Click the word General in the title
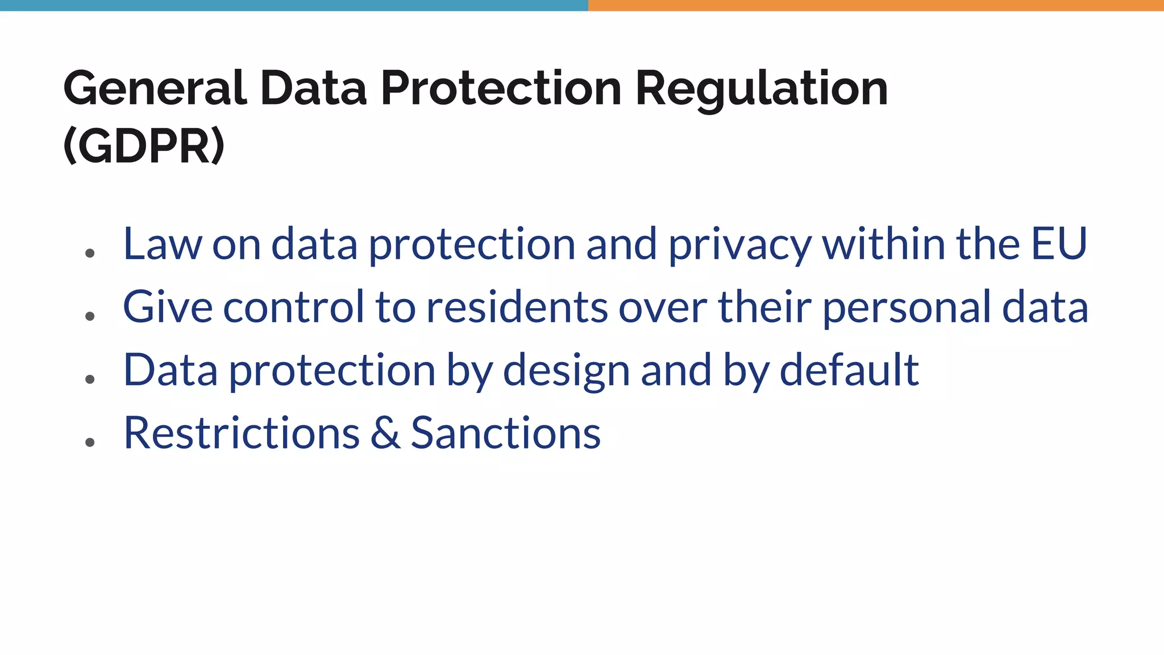(x=155, y=89)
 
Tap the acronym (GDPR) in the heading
(x=144, y=146)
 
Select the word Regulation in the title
(x=761, y=89)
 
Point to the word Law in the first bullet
(x=162, y=244)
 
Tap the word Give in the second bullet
(x=168, y=307)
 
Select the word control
(x=293, y=307)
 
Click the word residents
(x=517, y=307)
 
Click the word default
(x=849, y=370)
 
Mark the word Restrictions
(x=242, y=433)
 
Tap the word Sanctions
(x=505, y=433)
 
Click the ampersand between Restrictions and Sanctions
(x=385, y=434)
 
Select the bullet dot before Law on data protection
(x=89, y=253)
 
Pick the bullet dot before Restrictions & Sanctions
(x=89, y=442)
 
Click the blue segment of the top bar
(x=294, y=5)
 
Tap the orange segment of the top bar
(x=876, y=5)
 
